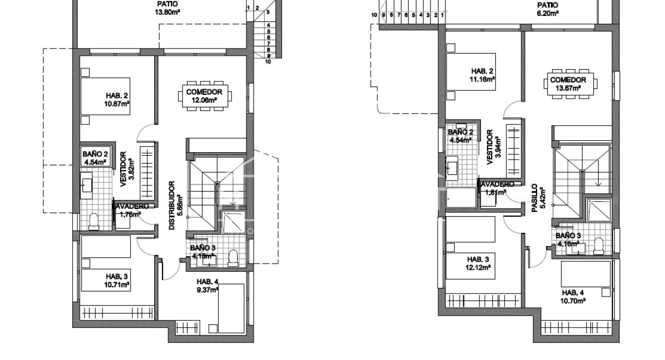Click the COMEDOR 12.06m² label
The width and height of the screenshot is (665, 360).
[204, 96]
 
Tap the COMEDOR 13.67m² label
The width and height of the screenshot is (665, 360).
[568, 84]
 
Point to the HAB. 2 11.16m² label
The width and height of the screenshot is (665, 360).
[483, 75]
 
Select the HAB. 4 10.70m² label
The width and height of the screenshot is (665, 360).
[573, 296]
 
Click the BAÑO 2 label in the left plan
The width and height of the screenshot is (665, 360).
[95, 157]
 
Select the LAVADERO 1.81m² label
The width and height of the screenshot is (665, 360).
[496, 188]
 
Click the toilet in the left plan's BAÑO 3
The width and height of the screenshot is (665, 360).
[232, 257]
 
